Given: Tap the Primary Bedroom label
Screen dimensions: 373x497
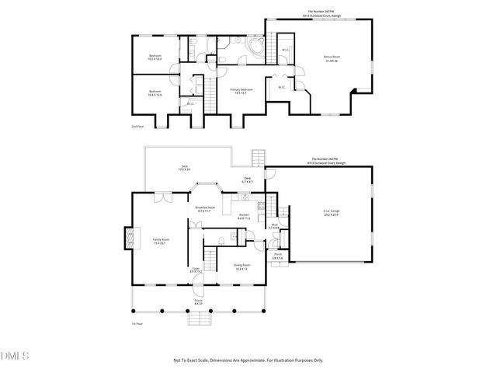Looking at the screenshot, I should (242, 91).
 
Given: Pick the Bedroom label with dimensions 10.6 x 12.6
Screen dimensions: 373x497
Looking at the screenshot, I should (155, 93).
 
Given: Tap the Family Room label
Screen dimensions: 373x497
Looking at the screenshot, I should (160, 241).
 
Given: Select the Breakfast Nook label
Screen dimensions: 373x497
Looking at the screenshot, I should (205, 209).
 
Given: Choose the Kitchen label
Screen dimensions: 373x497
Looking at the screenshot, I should (243, 215).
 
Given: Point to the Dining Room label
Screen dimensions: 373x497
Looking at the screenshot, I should (242, 267).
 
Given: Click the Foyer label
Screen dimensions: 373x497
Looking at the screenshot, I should (196, 270).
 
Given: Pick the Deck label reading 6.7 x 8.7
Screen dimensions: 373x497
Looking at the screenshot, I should (248, 180).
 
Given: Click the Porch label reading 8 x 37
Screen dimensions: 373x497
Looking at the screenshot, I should (199, 302).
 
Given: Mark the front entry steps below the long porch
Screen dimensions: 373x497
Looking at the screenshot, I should (200, 316).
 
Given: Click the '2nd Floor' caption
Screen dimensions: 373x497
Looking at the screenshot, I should (137, 125).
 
